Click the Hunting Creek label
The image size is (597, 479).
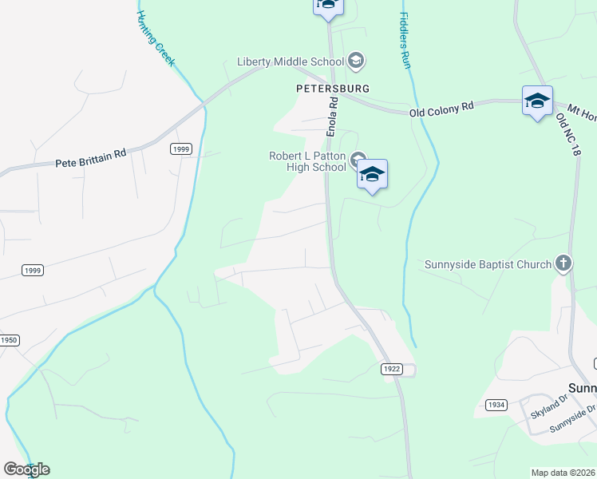156,39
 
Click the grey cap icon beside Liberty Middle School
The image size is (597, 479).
356,61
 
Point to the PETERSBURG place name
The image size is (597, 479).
332,88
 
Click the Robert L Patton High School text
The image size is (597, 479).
307,162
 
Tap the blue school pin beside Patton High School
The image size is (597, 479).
372,173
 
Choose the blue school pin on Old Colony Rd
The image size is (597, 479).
537,101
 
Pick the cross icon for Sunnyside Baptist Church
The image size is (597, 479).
563,263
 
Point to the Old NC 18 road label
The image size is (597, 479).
566,135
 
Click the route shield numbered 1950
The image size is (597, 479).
8,340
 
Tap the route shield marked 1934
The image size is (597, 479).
496,405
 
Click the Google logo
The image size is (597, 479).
26,469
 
